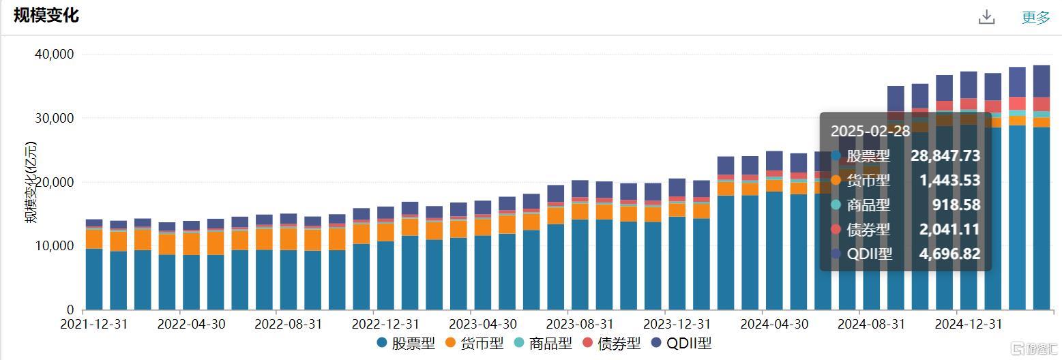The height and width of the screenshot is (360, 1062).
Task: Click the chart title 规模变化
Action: click(x=46, y=16)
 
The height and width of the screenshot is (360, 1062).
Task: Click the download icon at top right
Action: click(x=986, y=17)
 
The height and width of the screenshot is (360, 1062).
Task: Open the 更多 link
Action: click(x=1035, y=18)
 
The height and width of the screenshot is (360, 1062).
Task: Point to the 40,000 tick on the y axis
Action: click(x=55, y=55)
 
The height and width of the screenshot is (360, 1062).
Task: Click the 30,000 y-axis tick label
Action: click(x=55, y=119)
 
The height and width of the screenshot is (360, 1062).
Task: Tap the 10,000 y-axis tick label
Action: click(x=55, y=246)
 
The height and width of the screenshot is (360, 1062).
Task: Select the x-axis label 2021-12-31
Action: click(x=94, y=323)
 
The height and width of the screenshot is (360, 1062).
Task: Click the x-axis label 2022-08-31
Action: click(x=289, y=323)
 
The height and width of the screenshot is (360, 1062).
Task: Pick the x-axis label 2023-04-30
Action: click(x=483, y=323)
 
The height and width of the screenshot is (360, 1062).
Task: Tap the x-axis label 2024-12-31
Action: click(x=969, y=323)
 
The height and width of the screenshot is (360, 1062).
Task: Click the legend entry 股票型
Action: click(x=406, y=343)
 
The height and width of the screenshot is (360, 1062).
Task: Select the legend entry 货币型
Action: click(x=475, y=343)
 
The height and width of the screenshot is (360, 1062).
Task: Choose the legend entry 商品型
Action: click(x=543, y=343)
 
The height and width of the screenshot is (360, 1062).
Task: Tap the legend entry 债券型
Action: click(x=612, y=343)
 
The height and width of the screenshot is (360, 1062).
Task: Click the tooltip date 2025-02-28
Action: click(x=870, y=132)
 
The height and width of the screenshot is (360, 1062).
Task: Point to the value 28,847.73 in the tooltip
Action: click(x=945, y=156)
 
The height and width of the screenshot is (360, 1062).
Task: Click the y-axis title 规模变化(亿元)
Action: click(x=31, y=183)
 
